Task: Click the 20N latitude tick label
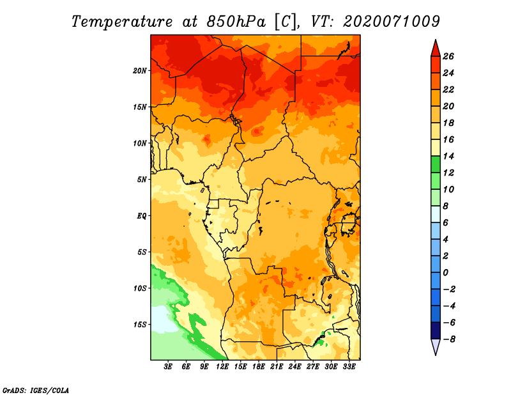[x=140, y=71]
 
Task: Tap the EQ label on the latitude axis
[x=142, y=216]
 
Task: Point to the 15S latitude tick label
[x=140, y=325]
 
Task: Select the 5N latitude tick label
[x=142, y=180]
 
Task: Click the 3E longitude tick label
[x=168, y=367]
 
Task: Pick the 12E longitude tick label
[x=222, y=367]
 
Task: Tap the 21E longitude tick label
[x=277, y=367]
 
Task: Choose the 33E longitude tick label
[x=349, y=367]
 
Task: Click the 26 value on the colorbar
[x=448, y=56]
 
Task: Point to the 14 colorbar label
[x=448, y=156]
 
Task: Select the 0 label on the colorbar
[x=445, y=272]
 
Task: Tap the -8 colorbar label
[x=449, y=339]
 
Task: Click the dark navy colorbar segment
[x=436, y=330]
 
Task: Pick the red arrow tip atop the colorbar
[x=436, y=40]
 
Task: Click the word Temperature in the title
[x=122, y=22]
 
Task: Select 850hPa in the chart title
[x=236, y=22]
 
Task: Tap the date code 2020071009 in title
[x=392, y=22]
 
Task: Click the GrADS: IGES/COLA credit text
[x=36, y=391]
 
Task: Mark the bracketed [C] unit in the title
[x=286, y=22]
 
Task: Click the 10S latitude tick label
[x=140, y=289]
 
